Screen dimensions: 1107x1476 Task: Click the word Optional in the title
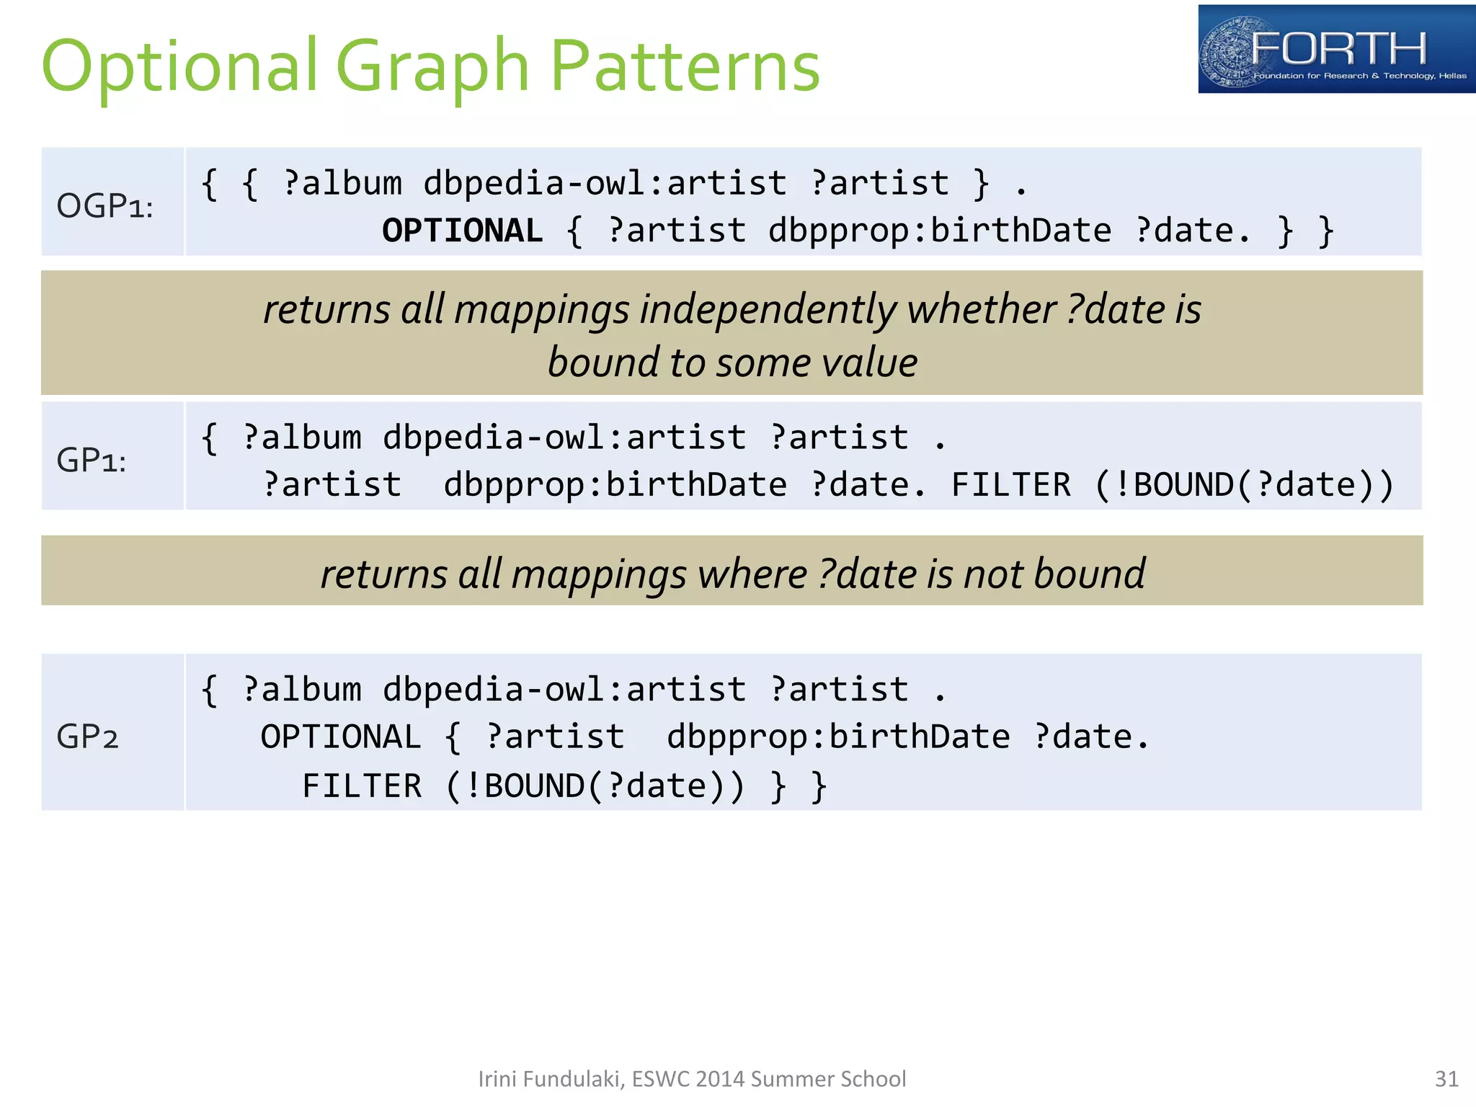180,66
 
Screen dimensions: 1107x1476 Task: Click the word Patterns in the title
685,66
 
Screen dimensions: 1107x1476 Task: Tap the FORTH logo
1336,49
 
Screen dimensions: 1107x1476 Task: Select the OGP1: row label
105,206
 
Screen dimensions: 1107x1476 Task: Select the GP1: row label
92,460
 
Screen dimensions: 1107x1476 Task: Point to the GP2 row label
87,737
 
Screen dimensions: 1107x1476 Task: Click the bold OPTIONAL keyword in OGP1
462,231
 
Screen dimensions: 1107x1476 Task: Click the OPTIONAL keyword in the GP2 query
341,737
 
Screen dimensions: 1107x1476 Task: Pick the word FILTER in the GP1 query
1011,485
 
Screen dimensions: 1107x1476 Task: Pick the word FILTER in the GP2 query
362,786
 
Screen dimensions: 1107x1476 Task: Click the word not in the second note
993,574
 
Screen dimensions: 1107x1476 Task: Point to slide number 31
1446,1079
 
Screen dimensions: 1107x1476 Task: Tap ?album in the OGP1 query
342,184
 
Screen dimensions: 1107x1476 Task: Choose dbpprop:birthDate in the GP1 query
615,485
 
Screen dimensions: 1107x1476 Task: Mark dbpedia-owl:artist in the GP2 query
564,690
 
